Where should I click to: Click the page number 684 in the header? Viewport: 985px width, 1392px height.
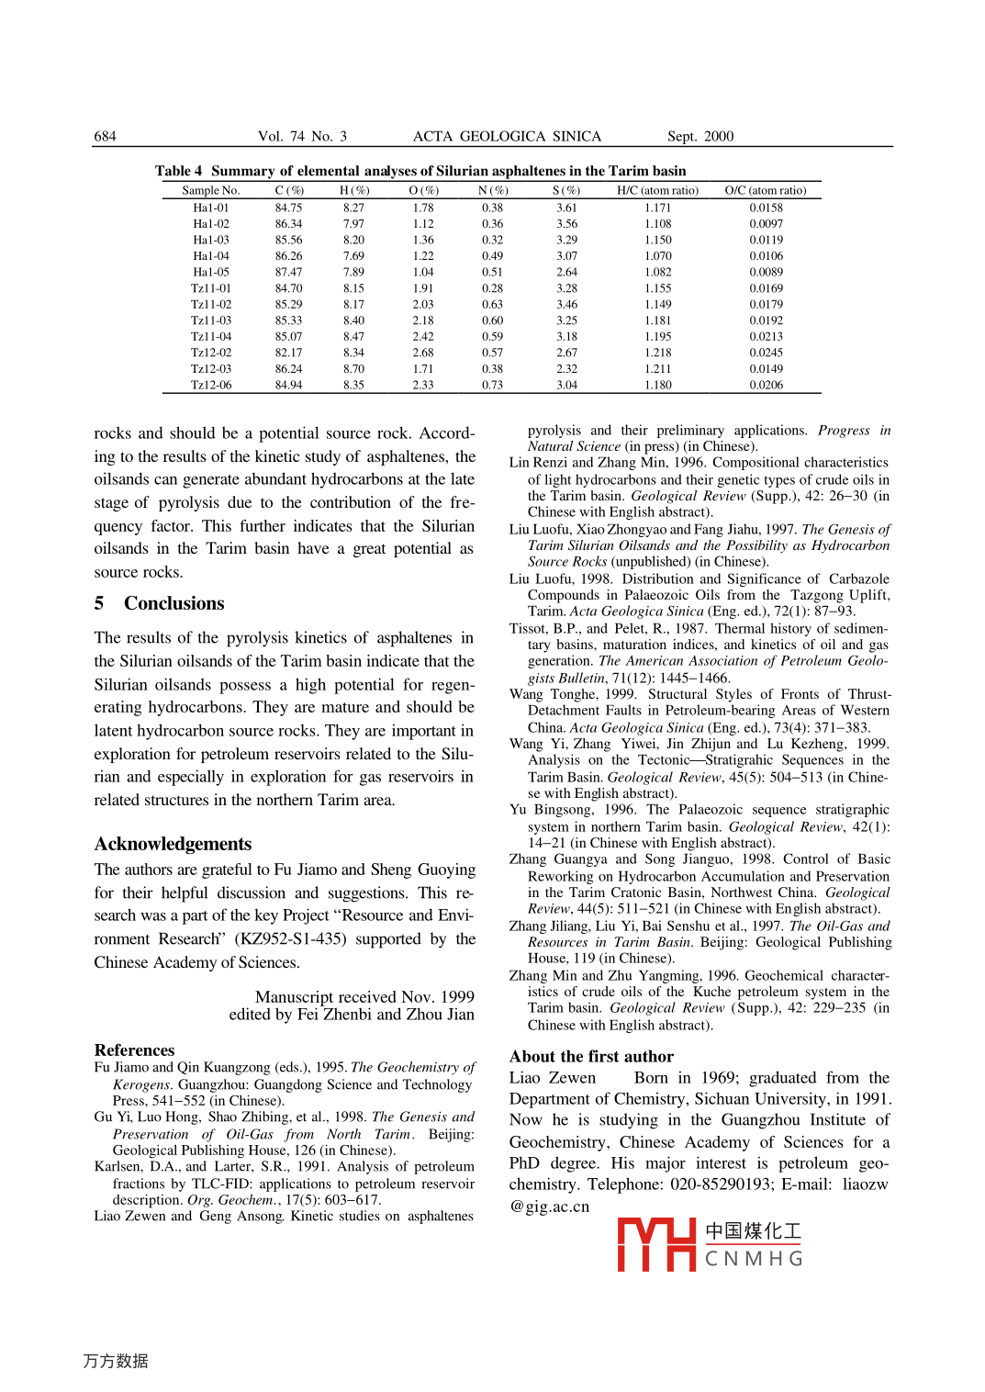[x=105, y=136]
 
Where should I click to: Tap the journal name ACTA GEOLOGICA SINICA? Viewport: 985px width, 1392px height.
[x=507, y=136]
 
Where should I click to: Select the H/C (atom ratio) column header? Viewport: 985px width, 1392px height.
[x=657, y=190]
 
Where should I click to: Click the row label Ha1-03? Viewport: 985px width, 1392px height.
[x=211, y=240]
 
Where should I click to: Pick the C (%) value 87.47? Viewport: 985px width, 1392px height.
[x=288, y=272]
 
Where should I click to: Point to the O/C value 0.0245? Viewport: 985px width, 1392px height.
[x=766, y=353]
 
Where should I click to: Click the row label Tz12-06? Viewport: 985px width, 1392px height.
[x=211, y=385]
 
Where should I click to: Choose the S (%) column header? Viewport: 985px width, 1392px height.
[x=566, y=190]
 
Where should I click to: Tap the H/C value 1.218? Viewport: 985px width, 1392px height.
[x=657, y=353]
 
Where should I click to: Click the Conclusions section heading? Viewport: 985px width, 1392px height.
[x=173, y=603]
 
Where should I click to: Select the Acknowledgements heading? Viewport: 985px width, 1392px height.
[x=173, y=844]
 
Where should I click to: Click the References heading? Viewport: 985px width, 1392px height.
[x=134, y=1050]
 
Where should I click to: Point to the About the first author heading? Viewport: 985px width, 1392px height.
[x=591, y=1056]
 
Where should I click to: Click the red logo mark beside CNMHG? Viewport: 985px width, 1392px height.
[x=656, y=1244]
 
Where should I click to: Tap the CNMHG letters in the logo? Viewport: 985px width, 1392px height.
[x=754, y=1258]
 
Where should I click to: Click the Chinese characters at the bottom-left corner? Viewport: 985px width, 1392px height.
[x=116, y=1361]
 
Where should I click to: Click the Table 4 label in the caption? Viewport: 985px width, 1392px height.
[x=178, y=171]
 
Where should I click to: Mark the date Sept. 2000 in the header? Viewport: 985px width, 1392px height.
[x=700, y=136]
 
